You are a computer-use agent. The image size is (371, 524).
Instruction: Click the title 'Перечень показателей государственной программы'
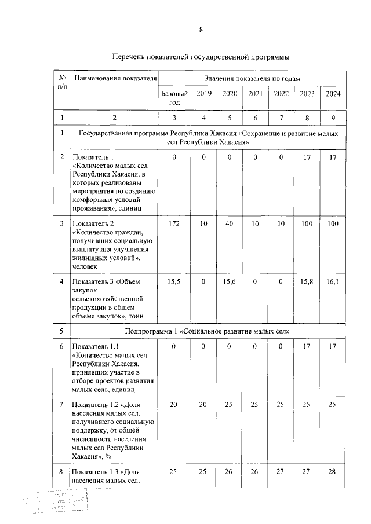(x=201, y=57)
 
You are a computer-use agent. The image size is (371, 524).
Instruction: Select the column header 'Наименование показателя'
(x=115, y=78)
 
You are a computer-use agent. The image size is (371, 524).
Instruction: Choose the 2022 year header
(x=281, y=94)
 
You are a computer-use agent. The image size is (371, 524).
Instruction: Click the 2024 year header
(x=333, y=94)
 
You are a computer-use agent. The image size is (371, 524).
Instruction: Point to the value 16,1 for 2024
(x=333, y=282)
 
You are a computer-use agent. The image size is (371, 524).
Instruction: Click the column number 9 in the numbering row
(x=333, y=118)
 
